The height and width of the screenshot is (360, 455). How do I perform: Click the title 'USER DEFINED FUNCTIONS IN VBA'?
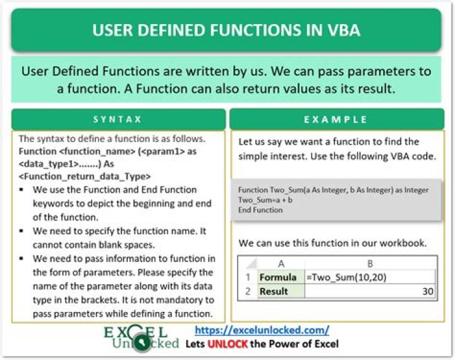[x=227, y=30]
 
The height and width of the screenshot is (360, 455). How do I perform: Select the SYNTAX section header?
[x=118, y=119]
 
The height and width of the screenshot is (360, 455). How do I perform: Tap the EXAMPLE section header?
[x=336, y=119]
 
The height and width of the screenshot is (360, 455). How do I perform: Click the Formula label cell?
[x=277, y=277]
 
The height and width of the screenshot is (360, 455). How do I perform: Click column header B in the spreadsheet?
[x=370, y=263]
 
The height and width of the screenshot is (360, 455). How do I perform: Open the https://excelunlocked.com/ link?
[x=262, y=330]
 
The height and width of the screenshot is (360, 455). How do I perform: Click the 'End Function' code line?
[x=260, y=210]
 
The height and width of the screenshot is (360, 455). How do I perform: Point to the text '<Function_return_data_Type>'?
[x=79, y=176]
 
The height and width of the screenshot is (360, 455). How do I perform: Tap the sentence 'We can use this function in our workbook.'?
[x=332, y=243]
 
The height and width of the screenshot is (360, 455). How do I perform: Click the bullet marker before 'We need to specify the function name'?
[x=23, y=232]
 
